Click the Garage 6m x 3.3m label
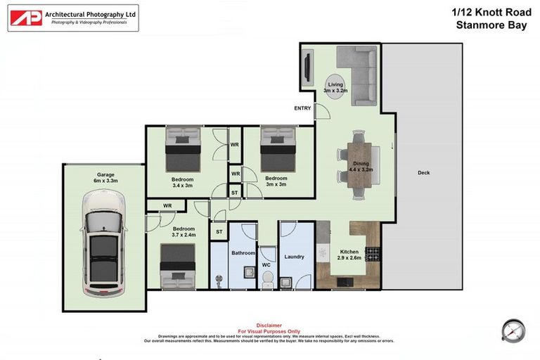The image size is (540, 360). [105, 178]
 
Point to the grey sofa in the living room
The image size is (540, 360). [359, 74]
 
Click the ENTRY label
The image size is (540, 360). [302, 108]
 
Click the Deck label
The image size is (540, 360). [423, 173]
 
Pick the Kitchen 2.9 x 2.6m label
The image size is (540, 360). [350, 255]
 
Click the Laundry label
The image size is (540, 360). [294, 257]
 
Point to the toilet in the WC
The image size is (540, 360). [266, 279]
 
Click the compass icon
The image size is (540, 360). [514, 330]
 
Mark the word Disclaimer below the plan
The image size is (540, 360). [269, 326]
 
